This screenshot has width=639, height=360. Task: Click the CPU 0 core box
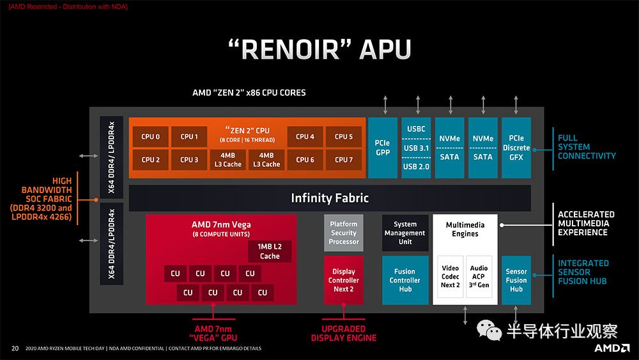[150, 137]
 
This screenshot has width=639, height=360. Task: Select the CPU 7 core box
[344, 160]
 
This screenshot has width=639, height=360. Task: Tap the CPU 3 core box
[189, 160]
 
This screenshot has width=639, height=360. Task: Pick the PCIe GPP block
[383, 148]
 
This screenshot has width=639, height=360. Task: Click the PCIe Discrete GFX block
[516, 148]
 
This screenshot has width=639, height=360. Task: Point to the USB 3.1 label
[416, 148]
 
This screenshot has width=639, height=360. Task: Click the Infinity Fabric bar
[330, 198]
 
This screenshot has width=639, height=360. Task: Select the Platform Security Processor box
[344, 233]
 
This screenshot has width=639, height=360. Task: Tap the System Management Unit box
[405, 233]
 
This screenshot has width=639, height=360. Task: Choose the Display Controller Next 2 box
[344, 280]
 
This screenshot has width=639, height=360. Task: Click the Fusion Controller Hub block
[405, 280]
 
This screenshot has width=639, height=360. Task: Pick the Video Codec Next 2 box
[450, 276]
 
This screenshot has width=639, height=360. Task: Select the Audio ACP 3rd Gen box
[479, 276]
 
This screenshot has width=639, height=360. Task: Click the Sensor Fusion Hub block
[516, 280]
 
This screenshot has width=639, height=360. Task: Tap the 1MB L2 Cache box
[270, 251]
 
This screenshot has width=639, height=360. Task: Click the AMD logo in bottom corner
[612, 348]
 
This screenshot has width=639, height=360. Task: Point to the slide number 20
[15, 348]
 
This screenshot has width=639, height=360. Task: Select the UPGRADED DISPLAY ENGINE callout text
[344, 334]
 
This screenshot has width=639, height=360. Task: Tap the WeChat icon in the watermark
[489, 330]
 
